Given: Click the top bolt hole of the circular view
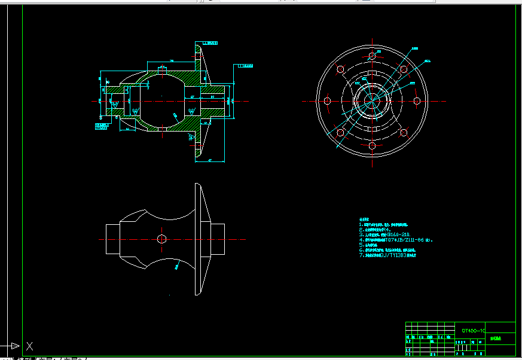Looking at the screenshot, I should (372, 56).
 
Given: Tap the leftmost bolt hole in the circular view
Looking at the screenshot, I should (326, 101).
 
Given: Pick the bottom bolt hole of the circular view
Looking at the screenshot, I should (372, 146).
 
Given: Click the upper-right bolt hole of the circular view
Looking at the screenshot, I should (404, 69).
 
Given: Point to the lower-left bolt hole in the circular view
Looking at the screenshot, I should (340, 133).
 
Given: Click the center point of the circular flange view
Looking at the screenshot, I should (372, 101).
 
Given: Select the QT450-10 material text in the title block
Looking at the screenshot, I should (473, 330).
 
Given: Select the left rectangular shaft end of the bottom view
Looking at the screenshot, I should (113, 239).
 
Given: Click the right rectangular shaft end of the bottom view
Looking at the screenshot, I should (217, 239).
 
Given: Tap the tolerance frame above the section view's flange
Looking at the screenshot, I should (209, 44).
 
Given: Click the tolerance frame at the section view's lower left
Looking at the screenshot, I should (103, 126).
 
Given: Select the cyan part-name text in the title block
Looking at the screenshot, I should (496, 338).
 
